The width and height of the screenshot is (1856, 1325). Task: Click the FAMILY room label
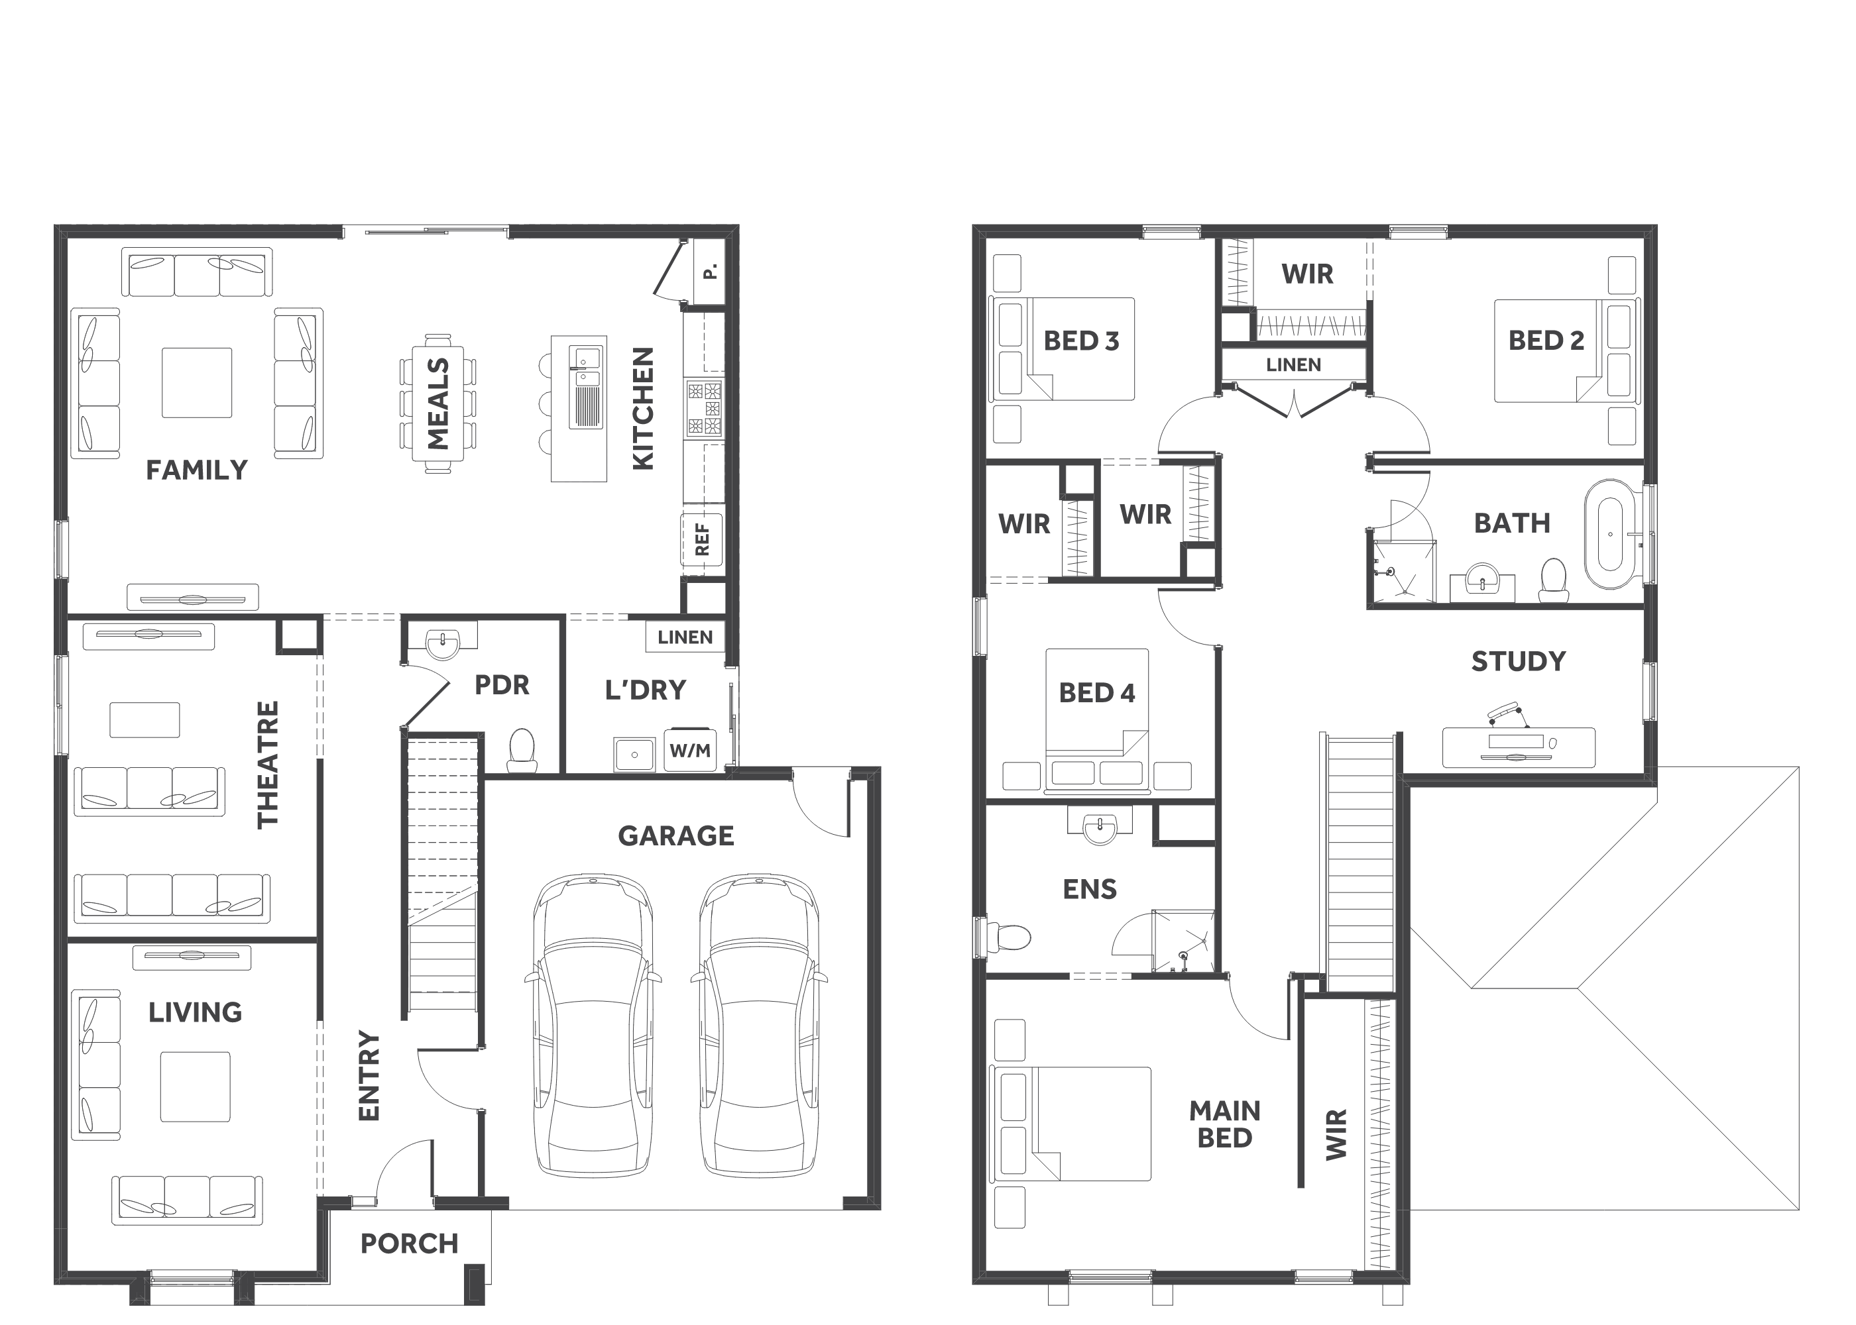(197, 470)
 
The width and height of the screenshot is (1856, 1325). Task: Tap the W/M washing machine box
(691, 750)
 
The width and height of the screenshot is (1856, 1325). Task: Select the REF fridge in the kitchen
(703, 540)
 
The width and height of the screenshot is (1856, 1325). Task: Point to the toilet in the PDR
(522, 750)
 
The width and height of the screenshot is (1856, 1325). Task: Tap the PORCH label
(410, 1244)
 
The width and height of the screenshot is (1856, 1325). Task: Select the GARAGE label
(676, 835)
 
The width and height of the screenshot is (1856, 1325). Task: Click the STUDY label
(1518, 661)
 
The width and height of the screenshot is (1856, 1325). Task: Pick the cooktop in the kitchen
(703, 408)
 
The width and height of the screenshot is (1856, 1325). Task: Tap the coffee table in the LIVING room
(195, 1086)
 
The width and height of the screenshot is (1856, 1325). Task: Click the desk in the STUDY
(1518, 747)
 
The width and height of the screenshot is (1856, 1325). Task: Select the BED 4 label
(1097, 693)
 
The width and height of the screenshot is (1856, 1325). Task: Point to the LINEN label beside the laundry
(685, 637)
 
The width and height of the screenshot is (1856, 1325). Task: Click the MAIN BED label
(1224, 1124)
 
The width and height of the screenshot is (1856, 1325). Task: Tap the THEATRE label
(268, 765)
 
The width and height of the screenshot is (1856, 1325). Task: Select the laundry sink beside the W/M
(634, 755)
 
